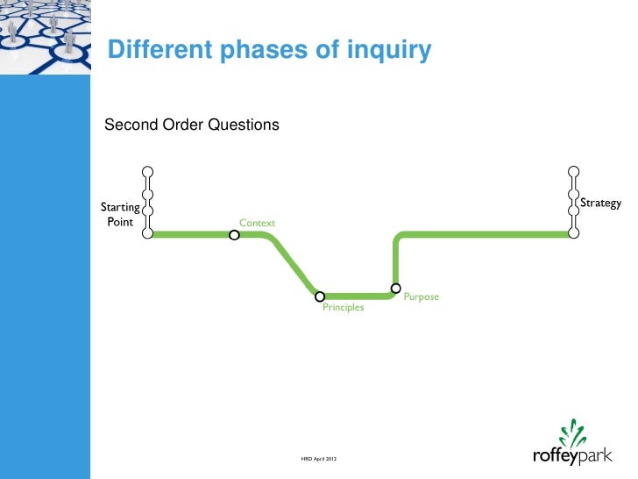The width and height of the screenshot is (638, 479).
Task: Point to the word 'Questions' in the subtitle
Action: (243, 125)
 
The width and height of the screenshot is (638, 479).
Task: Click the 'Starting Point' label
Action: (120, 214)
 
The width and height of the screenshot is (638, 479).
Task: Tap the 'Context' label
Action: (257, 223)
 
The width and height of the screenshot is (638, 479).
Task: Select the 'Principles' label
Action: (343, 308)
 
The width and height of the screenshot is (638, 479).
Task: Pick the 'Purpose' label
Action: (421, 297)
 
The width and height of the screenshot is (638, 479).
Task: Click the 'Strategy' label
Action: (601, 204)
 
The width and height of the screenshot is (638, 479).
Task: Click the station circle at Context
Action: (234, 235)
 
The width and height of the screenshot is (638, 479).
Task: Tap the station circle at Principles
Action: (320, 297)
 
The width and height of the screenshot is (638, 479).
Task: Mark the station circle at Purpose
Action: (396, 288)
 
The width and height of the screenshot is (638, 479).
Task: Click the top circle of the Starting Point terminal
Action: (148, 172)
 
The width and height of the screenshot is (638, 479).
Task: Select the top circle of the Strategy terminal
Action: (573, 172)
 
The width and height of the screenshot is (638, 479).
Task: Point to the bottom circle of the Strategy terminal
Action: (573, 233)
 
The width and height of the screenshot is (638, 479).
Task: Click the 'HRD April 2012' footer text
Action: (319, 460)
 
